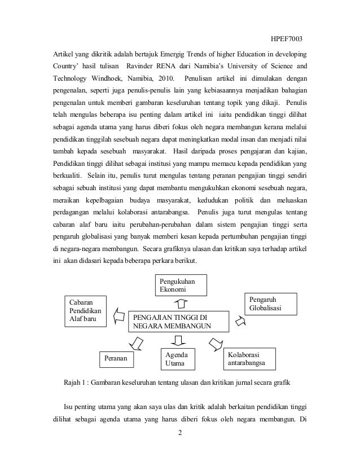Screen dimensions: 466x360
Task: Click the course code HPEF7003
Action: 286,38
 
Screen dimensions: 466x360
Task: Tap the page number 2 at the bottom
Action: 179,433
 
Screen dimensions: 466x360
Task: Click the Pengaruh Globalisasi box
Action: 270,304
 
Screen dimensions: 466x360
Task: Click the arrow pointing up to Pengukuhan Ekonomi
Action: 181,304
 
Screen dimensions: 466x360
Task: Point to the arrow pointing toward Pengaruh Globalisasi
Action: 240,321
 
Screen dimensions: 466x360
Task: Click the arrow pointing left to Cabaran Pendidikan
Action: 118,315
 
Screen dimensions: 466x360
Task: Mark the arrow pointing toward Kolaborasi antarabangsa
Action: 216,342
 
